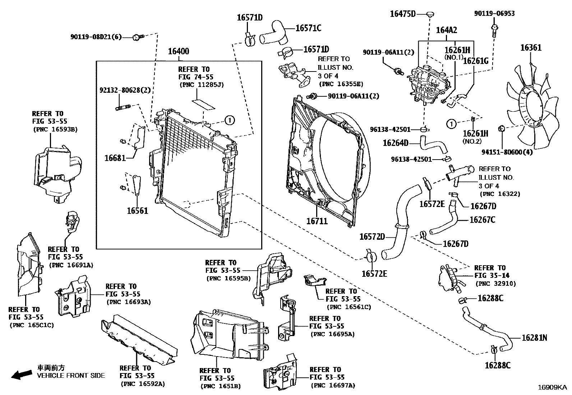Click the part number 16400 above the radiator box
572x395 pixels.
click(179, 51)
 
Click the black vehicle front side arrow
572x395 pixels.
click(21, 375)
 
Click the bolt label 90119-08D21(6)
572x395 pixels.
click(96, 37)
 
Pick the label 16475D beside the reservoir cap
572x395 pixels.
click(402, 14)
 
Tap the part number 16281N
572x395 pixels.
click(534, 337)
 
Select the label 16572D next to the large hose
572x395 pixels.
click(372, 237)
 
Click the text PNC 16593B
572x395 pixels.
click(55, 129)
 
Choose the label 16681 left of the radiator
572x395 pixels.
click(115, 158)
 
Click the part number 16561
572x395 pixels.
click(137, 211)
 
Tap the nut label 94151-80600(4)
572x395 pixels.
click(507, 152)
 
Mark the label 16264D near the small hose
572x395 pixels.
click(396, 143)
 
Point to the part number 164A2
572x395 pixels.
click(447, 30)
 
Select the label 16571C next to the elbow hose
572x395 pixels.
click(308, 28)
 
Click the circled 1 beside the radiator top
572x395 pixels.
click(230, 120)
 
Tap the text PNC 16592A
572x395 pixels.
click(143, 384)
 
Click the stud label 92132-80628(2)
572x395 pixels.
click(125, 90)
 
